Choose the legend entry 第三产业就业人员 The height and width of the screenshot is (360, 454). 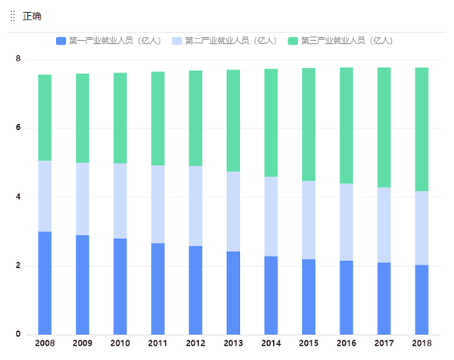tap(340, 40)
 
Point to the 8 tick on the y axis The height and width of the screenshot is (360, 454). tap(18, 59)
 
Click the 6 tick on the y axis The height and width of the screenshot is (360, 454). tap(18, 128)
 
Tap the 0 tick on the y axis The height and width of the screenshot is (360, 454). tap(18, 335)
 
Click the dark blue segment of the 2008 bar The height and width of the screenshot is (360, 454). tap(45, 283)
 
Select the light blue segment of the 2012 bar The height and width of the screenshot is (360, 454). tap(195, 206)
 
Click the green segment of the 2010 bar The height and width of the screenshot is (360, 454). tap(120, 118)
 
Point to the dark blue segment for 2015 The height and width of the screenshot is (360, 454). tap(309, 296)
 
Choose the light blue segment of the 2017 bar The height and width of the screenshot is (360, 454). tap(384, 225)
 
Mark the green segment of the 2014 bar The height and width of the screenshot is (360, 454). tap(271, 123)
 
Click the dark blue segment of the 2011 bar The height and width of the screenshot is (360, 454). tap(158, 288)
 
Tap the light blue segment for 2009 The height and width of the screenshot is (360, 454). tap(82, 199)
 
